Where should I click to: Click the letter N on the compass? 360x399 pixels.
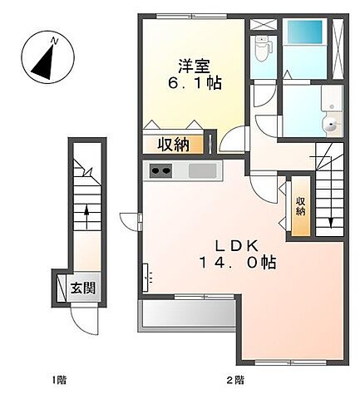(54, 39)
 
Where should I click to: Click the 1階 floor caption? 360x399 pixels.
(59, 381)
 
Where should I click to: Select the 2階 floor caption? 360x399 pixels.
(235, 381)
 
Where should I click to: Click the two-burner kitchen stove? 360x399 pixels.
(160, 171)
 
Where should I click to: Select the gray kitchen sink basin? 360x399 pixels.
(202, 171)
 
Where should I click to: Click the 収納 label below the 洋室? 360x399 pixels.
(175, 144)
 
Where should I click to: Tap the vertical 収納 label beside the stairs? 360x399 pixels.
(300, 204)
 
